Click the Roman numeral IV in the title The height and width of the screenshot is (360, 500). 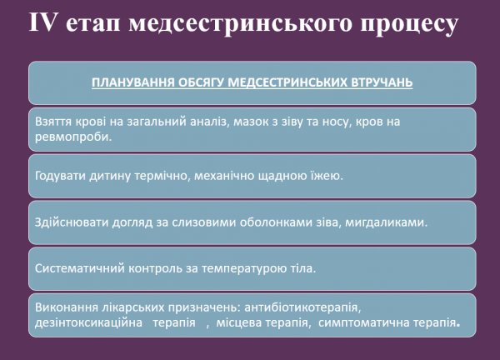(45, 25)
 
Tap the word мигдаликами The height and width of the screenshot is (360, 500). (388, 222)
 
